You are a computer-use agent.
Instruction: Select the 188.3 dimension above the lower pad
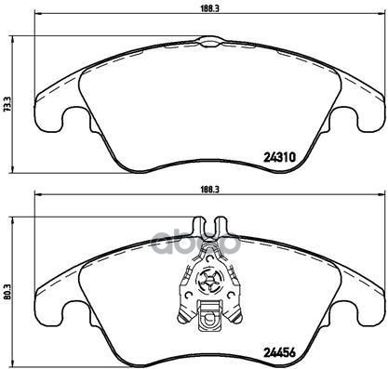[x=208, y=186]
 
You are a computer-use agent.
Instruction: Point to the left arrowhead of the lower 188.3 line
[x=37, y=195]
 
